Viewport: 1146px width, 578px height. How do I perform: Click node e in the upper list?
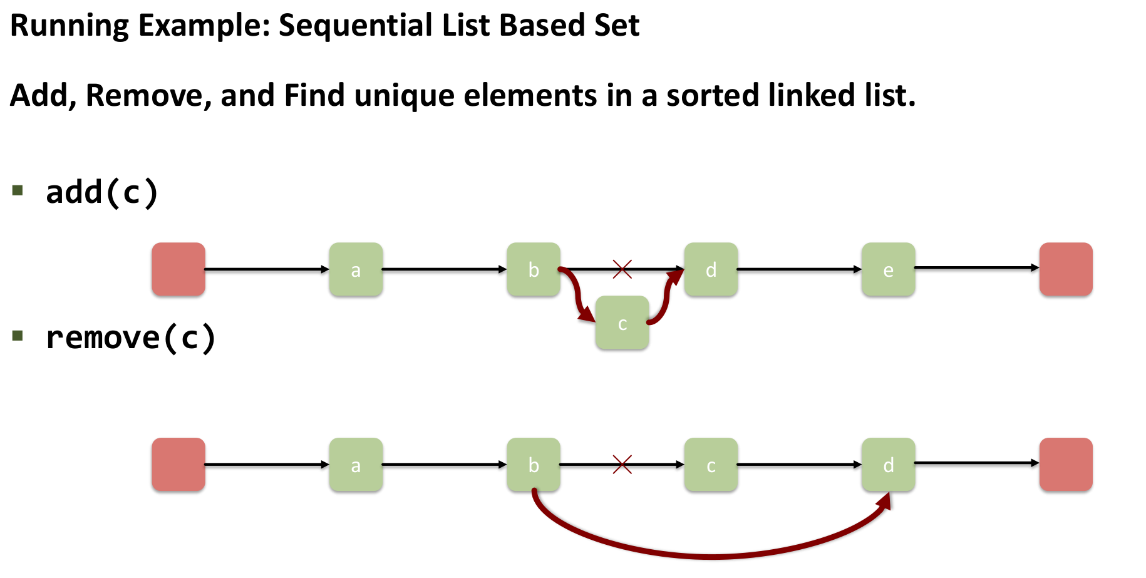pyautogui.click(x=888, y=269)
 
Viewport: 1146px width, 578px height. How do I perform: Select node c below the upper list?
pyautogui.click(x=622, y=323)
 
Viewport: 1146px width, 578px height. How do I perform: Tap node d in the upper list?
pyautogui.click(x=711, y=269)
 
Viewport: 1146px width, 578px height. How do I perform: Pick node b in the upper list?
pyautogui.click(x=534, y=269)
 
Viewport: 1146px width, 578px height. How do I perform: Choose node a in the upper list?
pyautogui.click(x=356, y=269)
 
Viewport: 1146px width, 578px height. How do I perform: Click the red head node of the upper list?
pyautogui.click(x=178, y=269)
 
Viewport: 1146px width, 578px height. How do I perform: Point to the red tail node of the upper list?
pyautogui.click(x=1066, y=269)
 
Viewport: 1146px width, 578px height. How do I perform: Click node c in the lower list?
pyautogui.click(x=711, y=465)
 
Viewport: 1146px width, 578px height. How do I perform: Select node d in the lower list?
pyautogui.click(x=888, y=465)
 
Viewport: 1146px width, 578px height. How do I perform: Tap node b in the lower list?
pyautogui.click(x=534, y=465)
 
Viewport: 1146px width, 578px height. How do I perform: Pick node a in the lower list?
pyautogui.click(x=356, y=465)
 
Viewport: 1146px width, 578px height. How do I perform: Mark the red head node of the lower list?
pyautogui.click(x=178, y=465)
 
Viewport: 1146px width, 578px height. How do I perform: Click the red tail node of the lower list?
pyautogui.click(x=1066, y=465)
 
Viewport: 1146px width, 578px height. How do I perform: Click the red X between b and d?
pyautogui.click(x=622, y=269)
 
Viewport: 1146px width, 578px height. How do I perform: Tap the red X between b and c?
pyautogui.click(x=622, y=465)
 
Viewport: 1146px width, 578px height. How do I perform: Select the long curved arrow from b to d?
pyautogui.click(x=711, y=555)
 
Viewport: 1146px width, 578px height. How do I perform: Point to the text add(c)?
pyautogui.click(x=102, y=192)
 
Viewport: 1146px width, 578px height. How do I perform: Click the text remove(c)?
pyautogui.click(x=131, y=338)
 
